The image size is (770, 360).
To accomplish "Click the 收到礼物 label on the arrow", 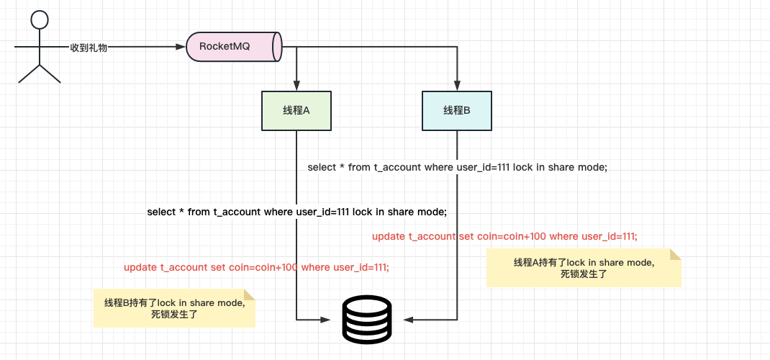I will point(89,47).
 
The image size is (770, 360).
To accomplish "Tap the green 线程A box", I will point(296,111).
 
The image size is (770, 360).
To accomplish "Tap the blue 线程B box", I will point(457,110).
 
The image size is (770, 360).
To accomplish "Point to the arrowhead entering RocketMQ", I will point(181,47).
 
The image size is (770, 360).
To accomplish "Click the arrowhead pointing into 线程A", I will point(296,86).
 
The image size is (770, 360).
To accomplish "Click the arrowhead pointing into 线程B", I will point(457,86).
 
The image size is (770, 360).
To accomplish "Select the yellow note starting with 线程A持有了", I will point(583,268).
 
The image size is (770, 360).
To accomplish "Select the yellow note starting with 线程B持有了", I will point(174,308).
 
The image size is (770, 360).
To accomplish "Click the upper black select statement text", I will point(458,167).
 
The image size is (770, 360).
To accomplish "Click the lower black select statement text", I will point(296,212).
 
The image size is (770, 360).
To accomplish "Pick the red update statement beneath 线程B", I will point(504,236).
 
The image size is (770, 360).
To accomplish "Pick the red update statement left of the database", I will point(256,267).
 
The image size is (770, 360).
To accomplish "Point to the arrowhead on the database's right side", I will point(408,319).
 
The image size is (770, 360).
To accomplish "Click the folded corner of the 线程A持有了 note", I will point(676,254).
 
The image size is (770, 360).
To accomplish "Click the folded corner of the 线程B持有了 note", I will point(250,294).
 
